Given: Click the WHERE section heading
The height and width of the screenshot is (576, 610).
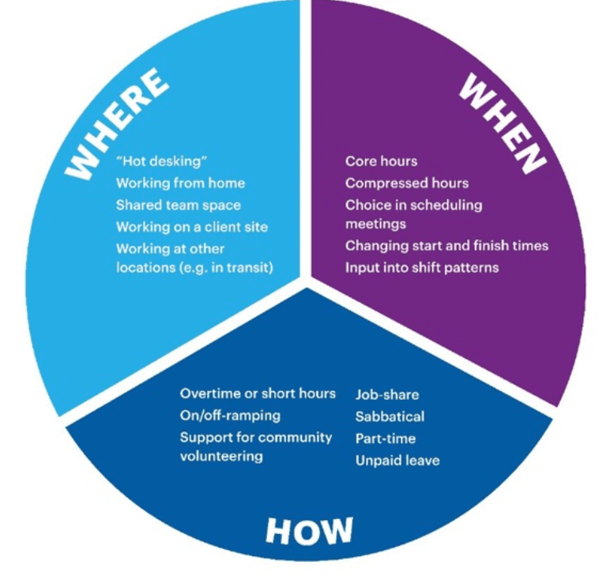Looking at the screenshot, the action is point(116,123).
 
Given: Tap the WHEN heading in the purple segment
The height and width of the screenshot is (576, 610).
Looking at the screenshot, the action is point(503,123).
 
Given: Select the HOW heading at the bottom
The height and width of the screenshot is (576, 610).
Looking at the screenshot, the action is point(310,530).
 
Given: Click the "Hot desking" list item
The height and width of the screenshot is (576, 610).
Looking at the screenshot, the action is point(161,161).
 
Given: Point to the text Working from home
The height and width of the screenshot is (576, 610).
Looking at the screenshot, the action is point(180,183).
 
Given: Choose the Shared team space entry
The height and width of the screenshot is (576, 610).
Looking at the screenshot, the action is point(179,205).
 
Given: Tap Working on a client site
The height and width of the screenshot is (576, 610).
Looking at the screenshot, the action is point(192,227).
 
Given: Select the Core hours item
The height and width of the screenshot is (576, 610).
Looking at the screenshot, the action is point(381,161).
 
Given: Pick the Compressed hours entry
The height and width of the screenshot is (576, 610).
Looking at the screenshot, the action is point(407,183).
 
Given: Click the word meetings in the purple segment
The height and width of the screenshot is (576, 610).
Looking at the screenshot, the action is point(375,224).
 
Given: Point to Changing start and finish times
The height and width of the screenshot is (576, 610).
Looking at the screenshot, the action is point(447,246).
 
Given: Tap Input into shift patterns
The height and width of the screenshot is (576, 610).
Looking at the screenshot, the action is point(422,268).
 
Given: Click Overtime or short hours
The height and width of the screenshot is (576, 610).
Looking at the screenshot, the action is point(258,393).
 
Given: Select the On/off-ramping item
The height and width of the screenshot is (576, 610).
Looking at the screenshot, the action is point(230,416).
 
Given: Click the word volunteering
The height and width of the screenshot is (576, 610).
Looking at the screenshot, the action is point(221,456).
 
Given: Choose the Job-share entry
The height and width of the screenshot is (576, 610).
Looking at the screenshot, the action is point(387,395).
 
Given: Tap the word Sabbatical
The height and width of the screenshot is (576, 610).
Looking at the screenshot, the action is point(390,417).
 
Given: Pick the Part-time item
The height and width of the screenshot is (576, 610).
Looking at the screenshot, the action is point(386,439).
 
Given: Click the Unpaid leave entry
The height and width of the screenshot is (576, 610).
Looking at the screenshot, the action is point(397,461).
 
